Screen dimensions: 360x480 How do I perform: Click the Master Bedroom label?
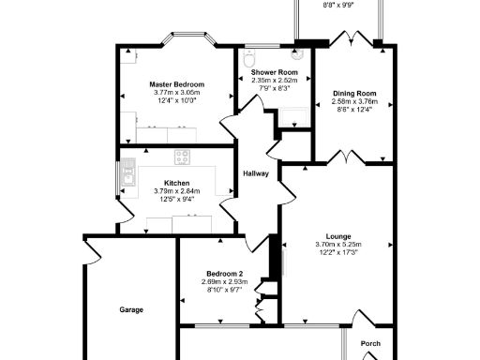pos(176,84)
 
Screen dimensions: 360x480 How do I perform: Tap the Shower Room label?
pos(274,72)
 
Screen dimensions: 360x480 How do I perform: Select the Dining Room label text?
pos(353,93)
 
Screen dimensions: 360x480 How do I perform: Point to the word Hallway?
pos(256,173)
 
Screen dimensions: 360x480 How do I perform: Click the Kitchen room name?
pos(176,183)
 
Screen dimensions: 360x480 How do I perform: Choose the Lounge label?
pos(337,236)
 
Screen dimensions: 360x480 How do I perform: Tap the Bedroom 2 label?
pos(223,273)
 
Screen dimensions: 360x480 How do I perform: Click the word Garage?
pos(131,309)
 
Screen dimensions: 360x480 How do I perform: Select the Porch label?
pos(370,343)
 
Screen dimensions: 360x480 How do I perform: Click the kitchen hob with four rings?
pos(181,157)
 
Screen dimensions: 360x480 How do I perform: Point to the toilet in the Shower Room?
pos(247,60)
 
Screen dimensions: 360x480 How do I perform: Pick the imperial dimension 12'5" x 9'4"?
pos(176,200)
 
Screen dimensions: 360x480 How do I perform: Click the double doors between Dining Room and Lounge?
pos(345,157)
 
